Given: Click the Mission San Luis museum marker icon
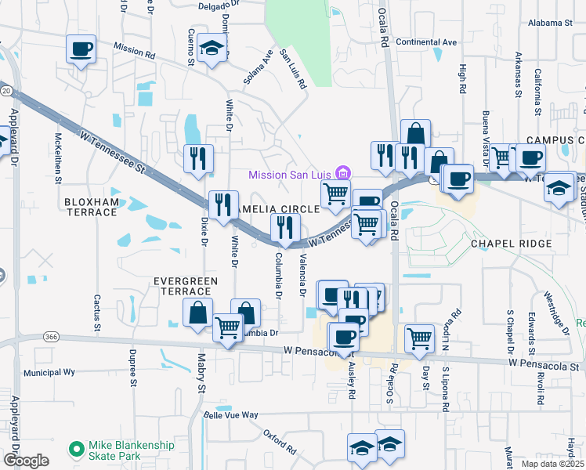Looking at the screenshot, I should (x=342, y=173).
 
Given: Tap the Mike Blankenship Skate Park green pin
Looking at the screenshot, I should (x=76, y=450).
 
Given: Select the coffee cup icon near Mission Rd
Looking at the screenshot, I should (x=81, y=49).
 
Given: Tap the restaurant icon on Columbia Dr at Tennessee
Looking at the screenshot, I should (x=284, y=227).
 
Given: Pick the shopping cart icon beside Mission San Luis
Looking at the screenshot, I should (x=335, y=193).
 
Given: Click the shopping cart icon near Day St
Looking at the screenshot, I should (x=419, y=338).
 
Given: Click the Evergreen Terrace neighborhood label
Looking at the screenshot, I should (x=183, y=285).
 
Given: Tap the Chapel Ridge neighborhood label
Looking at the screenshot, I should (x=512, y=244).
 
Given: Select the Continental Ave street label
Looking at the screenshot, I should (x=426, y=42).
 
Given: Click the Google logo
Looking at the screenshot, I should (x=26, y=461).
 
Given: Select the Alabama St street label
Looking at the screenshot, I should (x=550, y=23).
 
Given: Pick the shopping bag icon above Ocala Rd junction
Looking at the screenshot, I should (x=414, y=133).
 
